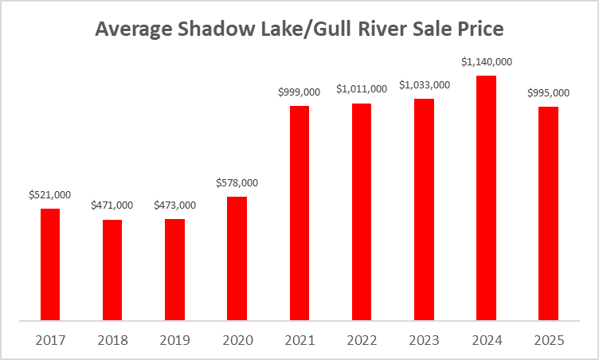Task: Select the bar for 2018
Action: coord(112,270)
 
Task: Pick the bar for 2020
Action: coord(237,258)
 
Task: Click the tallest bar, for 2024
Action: coord(486,198)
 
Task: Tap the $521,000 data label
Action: coord(50,194)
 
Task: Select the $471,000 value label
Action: coord(112,205)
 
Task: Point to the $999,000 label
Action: coord(299,92)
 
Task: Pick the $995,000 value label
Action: coord(548,93)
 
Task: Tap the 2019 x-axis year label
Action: coord(174,340)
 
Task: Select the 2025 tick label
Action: coord(548,340)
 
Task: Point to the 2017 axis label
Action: coord(50,340)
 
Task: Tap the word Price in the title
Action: coord(480,30)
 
